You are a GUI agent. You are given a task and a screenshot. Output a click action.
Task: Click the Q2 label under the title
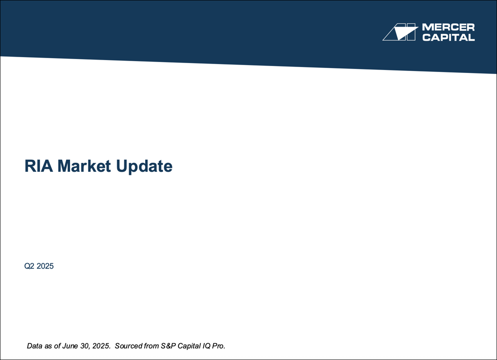click(x=30, y=266)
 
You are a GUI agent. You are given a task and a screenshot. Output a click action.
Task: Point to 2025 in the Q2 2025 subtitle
click(x=45, y=266)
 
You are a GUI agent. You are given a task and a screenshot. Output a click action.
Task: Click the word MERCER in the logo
click(x=448, y=27)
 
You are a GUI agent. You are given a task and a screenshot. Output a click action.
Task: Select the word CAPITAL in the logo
click(x=448, y=37)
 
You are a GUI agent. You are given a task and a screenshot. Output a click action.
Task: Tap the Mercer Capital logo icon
click(x=399, y=32)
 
